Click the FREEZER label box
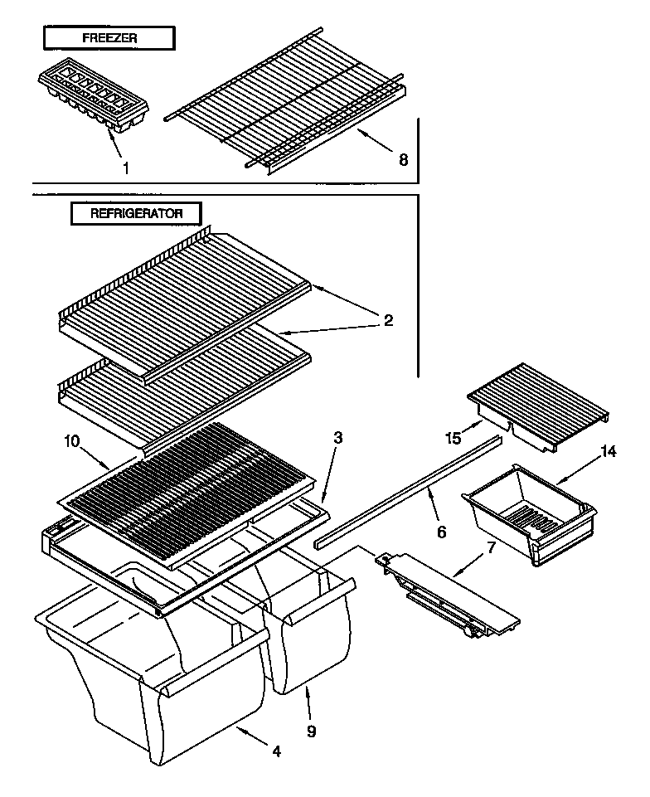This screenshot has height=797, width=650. (109, 38)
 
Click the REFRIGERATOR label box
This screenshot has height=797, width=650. (136, 213)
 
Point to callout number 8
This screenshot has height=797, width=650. (403, 160)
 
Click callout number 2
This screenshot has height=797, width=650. (388, 319)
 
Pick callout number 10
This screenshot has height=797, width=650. (70, 442)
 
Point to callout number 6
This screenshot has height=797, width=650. (441, 531)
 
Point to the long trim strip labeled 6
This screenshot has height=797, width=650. (406, 493)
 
